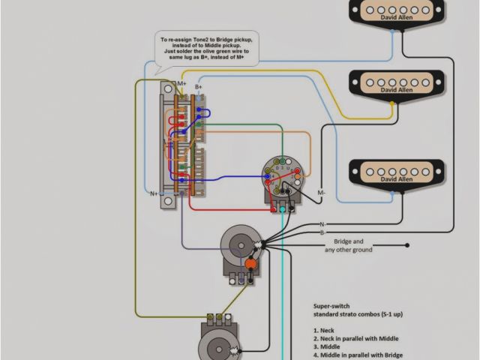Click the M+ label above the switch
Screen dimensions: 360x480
[x=182, y=83]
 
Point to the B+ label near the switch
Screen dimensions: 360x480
[x=199, y=88]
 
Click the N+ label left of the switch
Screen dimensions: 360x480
[x=153, y=193]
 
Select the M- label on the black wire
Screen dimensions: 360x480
[x=321, y=193]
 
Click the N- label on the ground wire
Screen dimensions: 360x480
[x=322, y=224]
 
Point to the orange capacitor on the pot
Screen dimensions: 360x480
[x=250, y=264]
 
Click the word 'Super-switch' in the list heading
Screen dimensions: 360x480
[x=332, y=307]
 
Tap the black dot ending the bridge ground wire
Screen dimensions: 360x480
[x=407, y=245]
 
